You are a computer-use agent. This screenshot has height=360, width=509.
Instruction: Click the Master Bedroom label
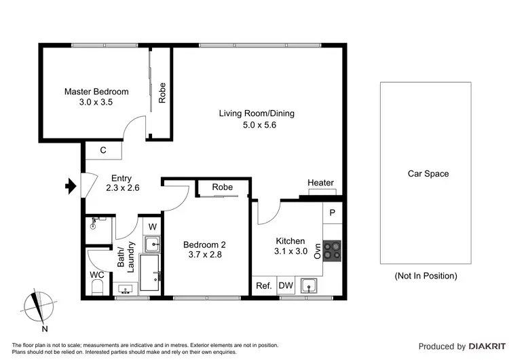(x=96, y=92)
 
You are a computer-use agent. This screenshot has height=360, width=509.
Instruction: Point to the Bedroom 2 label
(x=204, y=245)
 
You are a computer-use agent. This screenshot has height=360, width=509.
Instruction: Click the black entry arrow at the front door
(x=69, y=185)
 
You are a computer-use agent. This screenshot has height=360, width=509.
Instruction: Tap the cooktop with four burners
(x=333, y=251)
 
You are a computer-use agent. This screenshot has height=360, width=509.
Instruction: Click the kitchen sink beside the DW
(x=309, y=285)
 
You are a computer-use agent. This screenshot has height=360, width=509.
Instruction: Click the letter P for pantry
(x=332, y=213)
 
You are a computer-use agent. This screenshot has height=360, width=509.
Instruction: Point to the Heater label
(x=320, y=183)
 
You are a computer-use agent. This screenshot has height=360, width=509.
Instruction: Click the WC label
(x=97, y=275)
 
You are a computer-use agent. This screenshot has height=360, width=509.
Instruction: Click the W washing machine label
(x=152, y=226)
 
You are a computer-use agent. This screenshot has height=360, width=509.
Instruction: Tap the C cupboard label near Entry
(x=102, y=150)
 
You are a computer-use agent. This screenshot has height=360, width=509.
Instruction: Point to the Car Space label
(x=428, y=174)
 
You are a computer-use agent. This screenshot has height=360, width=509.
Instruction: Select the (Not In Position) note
(x=426, y=276)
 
